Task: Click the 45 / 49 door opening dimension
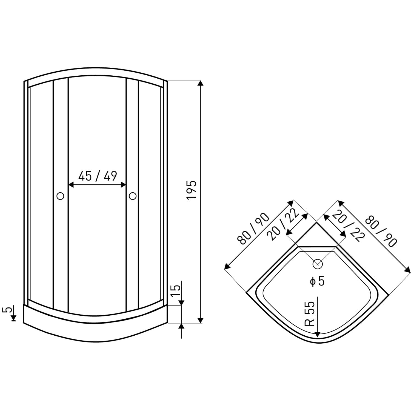98,176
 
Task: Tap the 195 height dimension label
192,190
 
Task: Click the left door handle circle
60,196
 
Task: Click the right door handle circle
133,196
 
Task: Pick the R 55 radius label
310,313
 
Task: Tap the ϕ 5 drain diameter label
317,281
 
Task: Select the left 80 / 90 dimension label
253,229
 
